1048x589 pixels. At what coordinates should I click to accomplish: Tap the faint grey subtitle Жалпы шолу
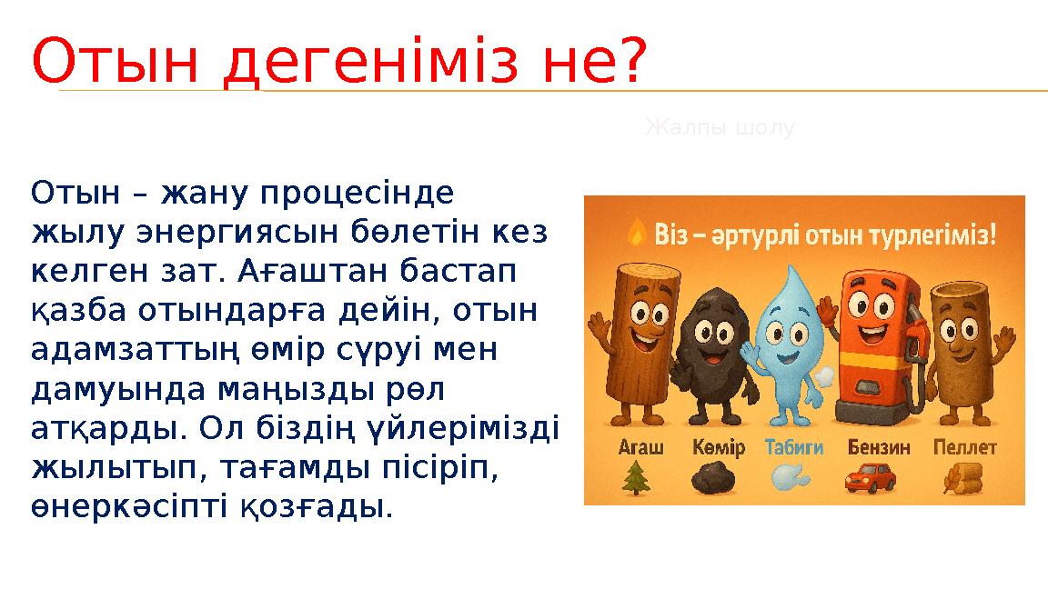720,128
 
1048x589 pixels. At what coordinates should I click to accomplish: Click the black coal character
711,346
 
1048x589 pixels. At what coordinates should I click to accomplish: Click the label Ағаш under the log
641,447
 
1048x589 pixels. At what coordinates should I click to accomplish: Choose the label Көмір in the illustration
719,447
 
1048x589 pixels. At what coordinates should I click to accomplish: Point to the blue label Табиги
794,447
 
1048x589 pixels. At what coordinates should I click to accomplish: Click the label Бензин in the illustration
878,447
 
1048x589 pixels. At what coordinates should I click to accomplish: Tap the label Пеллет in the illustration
965,447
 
